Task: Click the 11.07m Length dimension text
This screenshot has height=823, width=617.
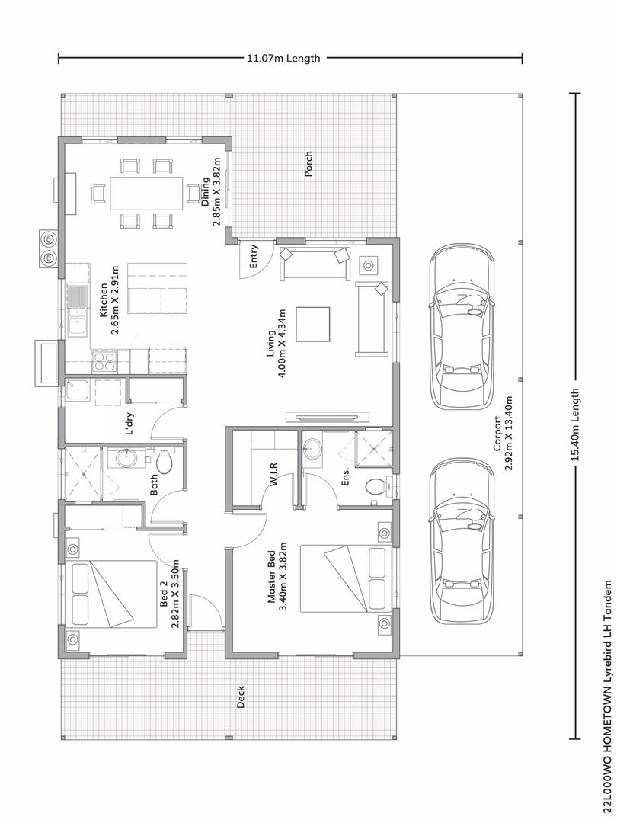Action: (x=283, y=58)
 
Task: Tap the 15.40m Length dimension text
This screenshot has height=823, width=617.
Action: (x=576, y=424)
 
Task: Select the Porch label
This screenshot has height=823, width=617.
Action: (x=308, y=164)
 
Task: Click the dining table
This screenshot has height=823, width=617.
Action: (x=146, y=193)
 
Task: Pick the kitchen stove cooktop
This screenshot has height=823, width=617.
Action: (x=104, y=361)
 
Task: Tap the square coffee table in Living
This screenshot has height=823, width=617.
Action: (x=313, y=324)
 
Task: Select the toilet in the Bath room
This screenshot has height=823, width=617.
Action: (x=164, y=462)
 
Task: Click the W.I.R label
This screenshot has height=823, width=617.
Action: (x=273, y=475)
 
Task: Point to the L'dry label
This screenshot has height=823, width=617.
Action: (x=129, y=424)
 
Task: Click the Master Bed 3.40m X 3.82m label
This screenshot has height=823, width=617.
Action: (x=277, y=576)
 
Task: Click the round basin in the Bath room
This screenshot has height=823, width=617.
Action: (x=126, y=458)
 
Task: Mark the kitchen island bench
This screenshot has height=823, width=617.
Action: (x=158, y=288)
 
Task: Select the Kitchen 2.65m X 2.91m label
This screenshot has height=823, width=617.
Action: (x=109, y=300)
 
